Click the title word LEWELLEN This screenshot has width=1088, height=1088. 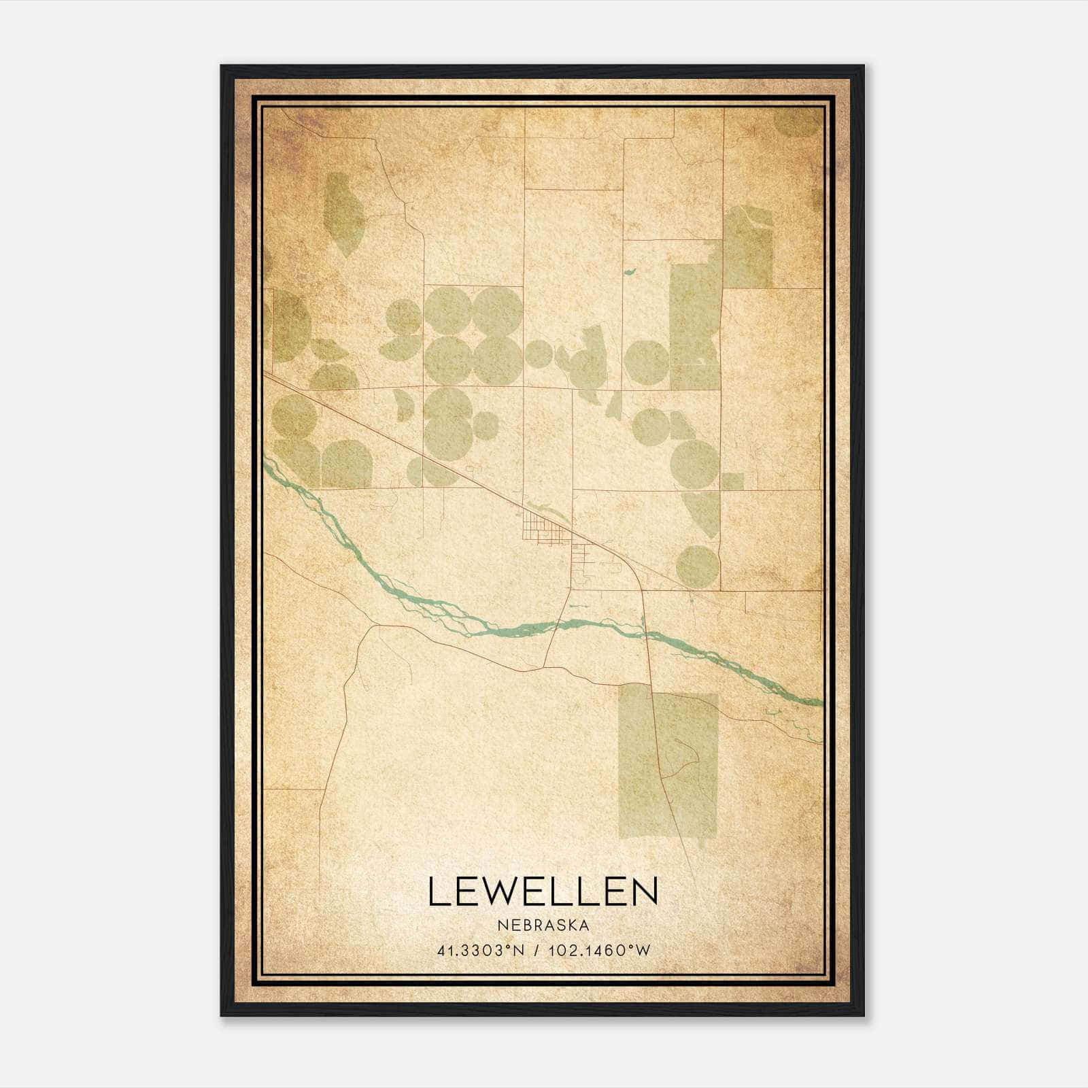coord(543,891)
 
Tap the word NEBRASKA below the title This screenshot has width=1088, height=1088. coord(543,925)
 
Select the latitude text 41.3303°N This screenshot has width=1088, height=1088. coord(481,951)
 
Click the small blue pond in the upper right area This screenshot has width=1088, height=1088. coord(630,273)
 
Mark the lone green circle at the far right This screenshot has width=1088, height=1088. coord(698,566)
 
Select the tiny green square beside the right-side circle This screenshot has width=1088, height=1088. coord(732,481)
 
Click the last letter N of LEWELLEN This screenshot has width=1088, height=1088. coord(647,891)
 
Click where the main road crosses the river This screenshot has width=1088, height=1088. coord(645,633)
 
